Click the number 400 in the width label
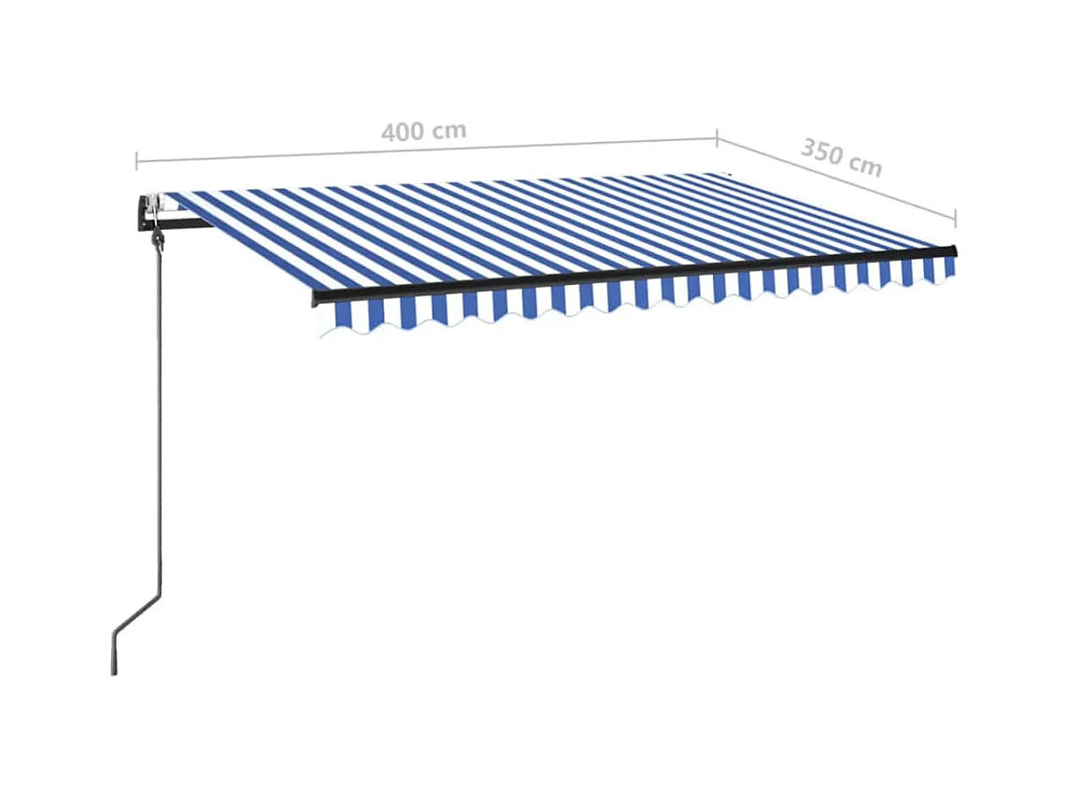coord(403,133)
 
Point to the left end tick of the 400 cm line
coord(137,160)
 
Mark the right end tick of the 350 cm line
coord(955,216)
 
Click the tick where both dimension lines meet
coord(717,138)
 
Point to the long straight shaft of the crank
coord(161,421)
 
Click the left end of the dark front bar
coord(316,297)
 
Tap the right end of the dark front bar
coord(953,250)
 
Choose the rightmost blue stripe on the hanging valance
coord(949,266)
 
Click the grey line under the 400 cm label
coord(420,150)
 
